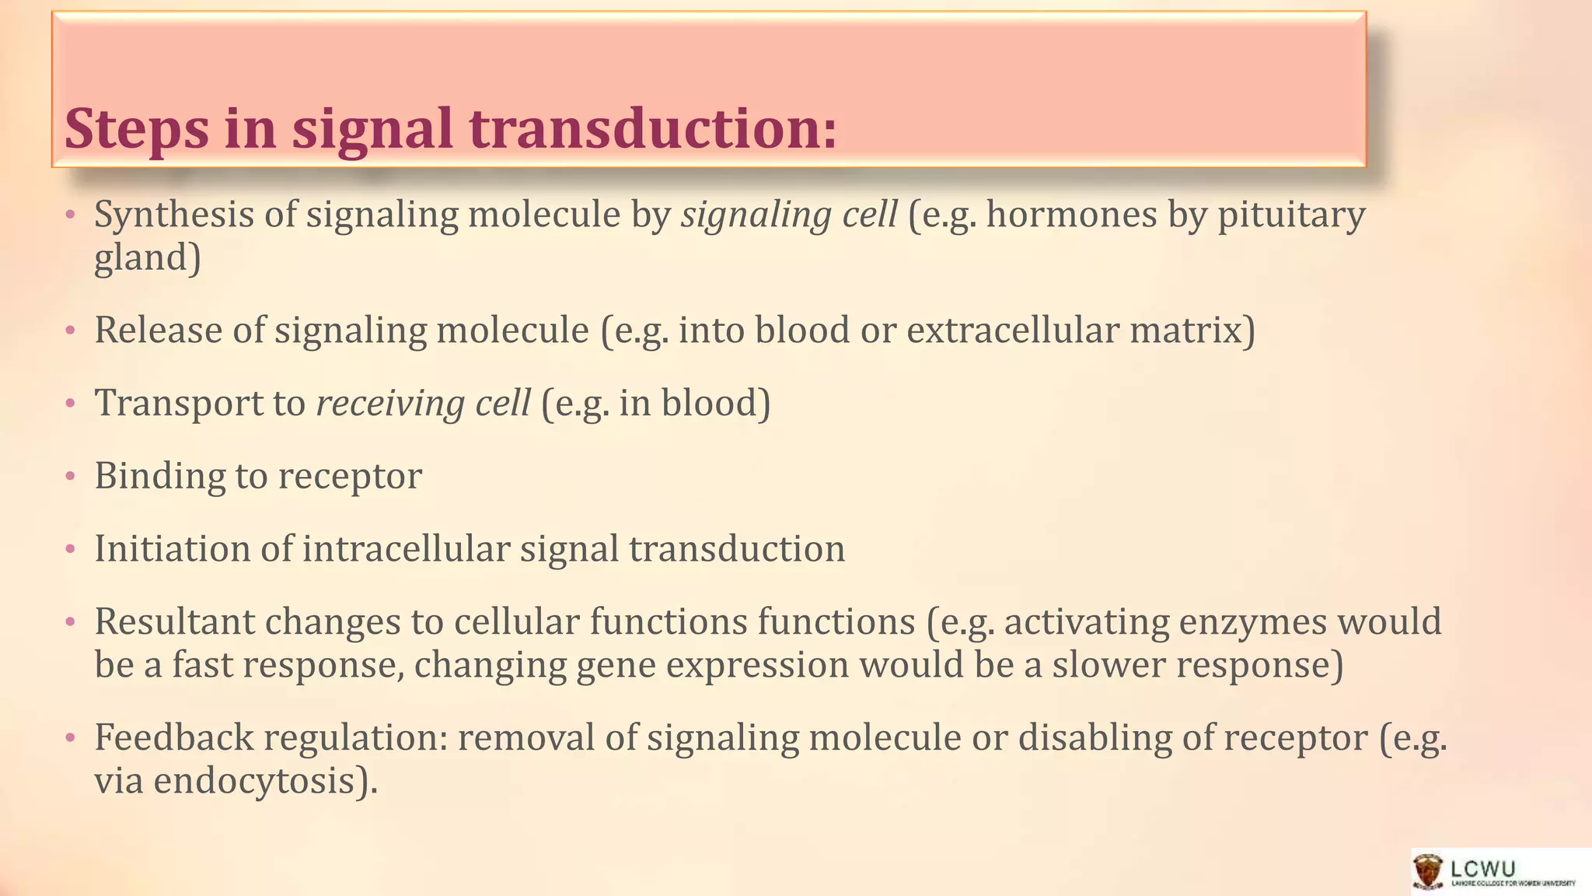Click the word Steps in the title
137,129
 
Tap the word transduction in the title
654,128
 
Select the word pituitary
1291,215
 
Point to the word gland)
148,258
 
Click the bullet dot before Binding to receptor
70,476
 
